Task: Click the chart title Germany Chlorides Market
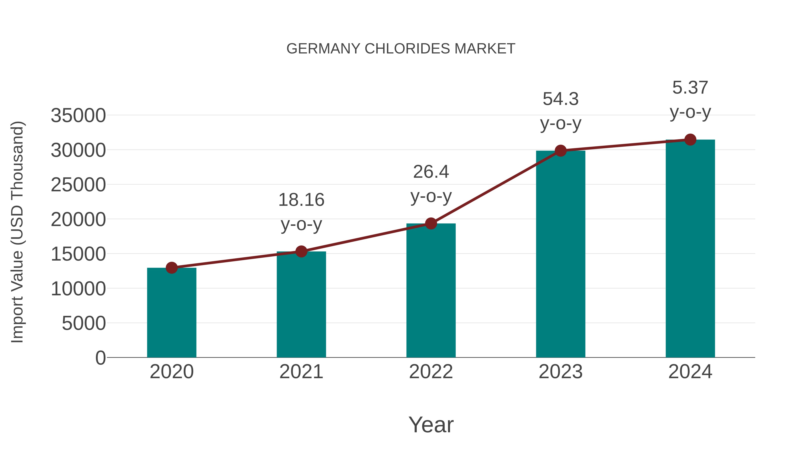click(401, 49)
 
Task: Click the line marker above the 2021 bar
click(301, 251)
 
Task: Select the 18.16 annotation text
click(301, 200)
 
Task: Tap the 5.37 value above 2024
click(690, 88)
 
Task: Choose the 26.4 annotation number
click(431, 171)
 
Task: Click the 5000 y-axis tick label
click(84, 323)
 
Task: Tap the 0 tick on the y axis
click(100, 358)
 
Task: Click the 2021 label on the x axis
click(301, 372)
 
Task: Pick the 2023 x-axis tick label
click(561, 372)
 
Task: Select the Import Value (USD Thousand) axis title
click(17, 232)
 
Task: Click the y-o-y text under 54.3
click(561, 124)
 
